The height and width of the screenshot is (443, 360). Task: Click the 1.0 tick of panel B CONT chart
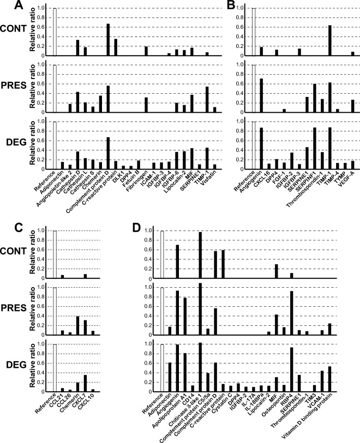point(247,9)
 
